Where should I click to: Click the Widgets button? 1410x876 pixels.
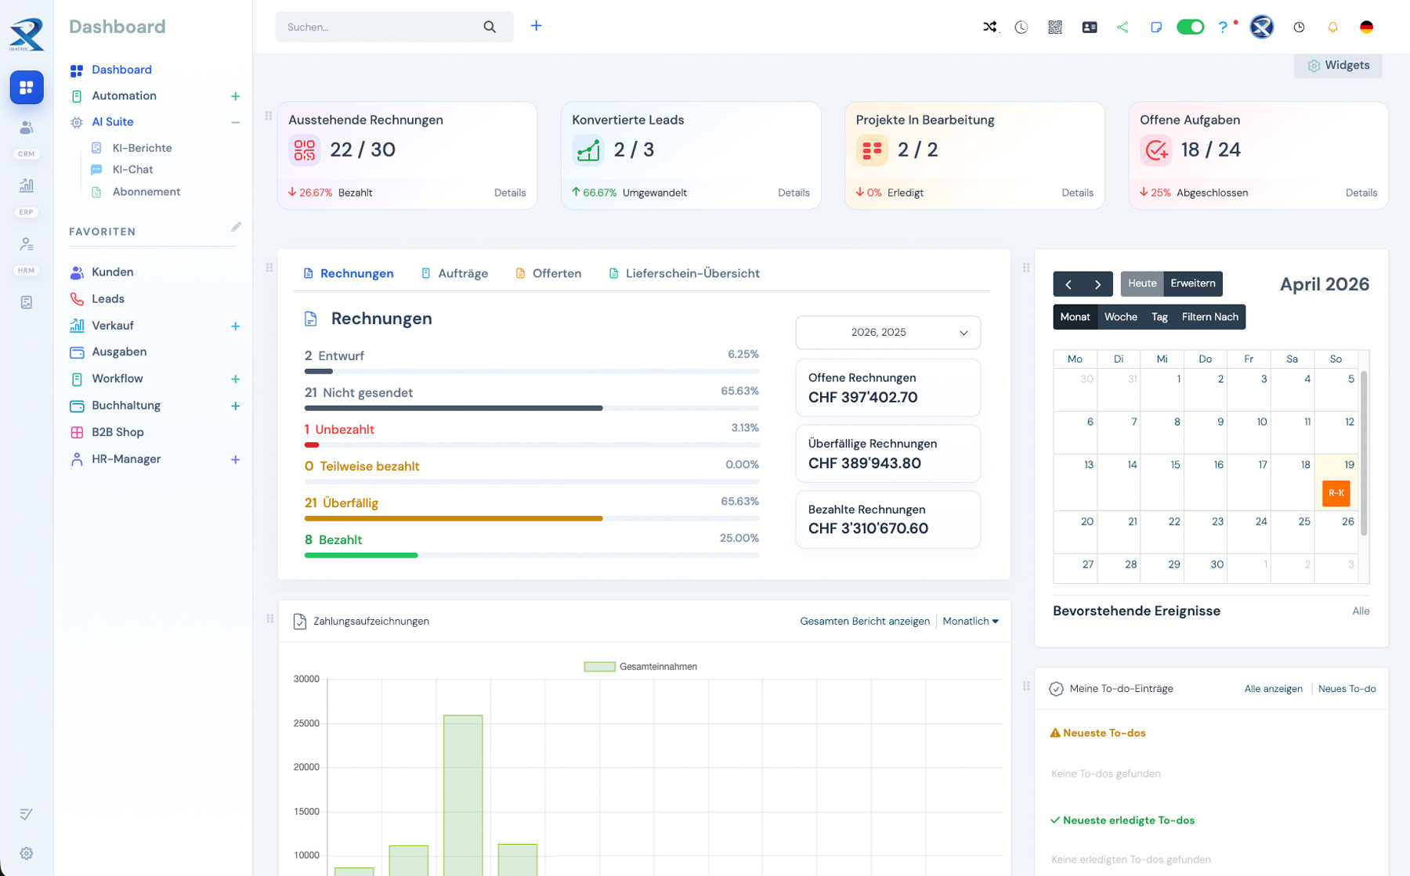[1339, 66]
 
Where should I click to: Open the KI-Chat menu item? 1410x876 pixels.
[132, 170]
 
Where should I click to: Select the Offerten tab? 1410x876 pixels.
[556, 273]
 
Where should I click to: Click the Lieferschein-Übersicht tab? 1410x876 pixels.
[692, 273]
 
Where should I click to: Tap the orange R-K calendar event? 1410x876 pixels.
[1336, 493]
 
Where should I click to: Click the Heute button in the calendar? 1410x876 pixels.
[1141, 283]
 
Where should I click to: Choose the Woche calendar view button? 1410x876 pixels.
[1120, 317]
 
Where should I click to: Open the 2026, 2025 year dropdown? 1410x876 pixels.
[888, 333]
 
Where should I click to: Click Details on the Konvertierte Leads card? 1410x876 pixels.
[794, 193]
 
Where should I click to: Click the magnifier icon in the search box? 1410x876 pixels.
[490, 27]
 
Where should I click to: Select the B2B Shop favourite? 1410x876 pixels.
[117, 432]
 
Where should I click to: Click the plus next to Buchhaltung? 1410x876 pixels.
[235, 406]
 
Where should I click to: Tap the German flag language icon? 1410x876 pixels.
[1366, 27]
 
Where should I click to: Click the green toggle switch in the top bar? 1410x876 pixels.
[1190, 27]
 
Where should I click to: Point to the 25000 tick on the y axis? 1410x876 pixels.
[306, 723]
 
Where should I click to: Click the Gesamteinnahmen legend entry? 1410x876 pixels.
[641, 667]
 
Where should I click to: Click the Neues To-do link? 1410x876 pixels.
[1347, 689]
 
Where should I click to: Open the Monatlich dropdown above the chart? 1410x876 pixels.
[971, 622]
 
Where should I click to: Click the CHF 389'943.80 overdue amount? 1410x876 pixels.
[864, 463]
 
